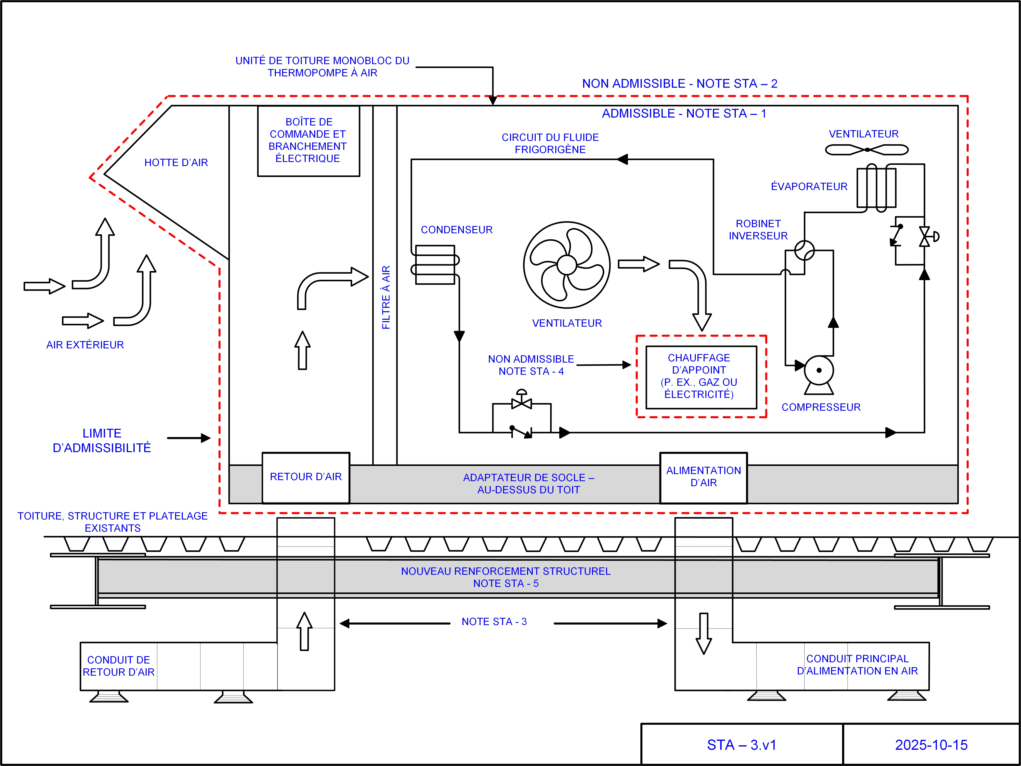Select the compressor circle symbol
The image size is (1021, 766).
point(819,370)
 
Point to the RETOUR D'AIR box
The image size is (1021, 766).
point(305,477)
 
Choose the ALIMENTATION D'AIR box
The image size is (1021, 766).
point(703,477)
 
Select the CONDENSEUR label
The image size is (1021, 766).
point(457,230)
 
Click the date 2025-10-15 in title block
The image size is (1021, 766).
point(931,745)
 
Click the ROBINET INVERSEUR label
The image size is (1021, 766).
point(758,230)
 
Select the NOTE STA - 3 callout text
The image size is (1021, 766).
point(494,622)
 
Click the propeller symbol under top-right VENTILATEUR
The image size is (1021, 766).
point(867,149)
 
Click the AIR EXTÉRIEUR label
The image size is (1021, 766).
point(85,345)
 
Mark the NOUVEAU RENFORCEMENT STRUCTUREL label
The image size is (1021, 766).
point(506,577)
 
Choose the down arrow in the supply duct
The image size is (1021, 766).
point(703,633)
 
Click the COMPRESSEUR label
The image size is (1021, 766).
point(821,407)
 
